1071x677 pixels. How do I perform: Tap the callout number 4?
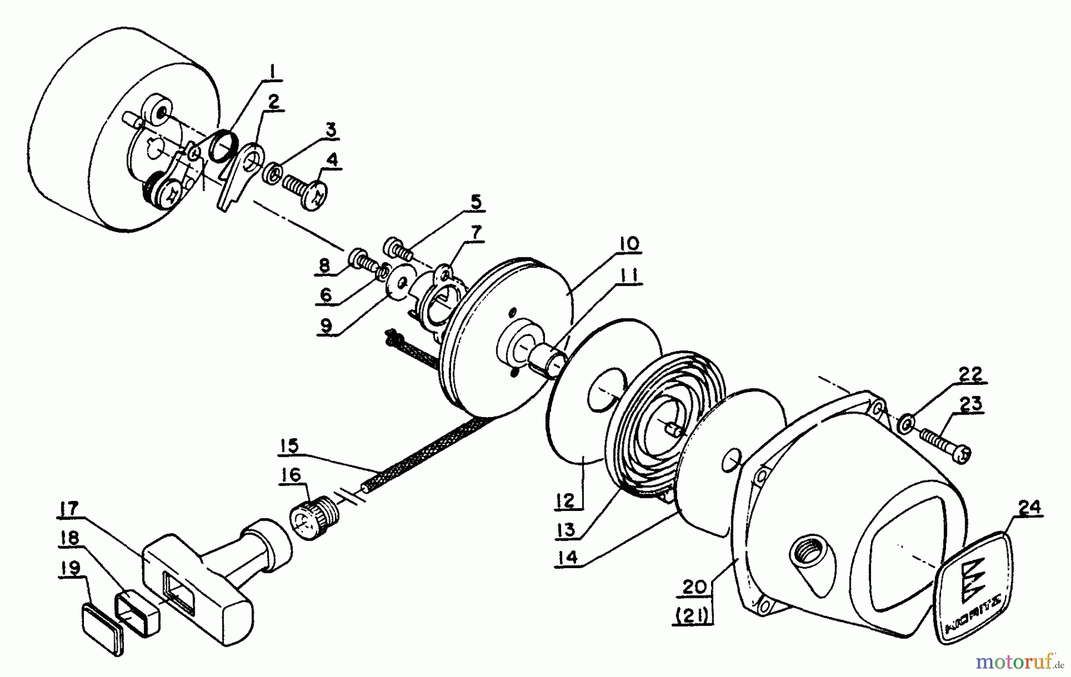coord(331,159)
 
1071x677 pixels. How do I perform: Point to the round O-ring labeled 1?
coord(221,146)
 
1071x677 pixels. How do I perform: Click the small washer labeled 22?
coord(906,424)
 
